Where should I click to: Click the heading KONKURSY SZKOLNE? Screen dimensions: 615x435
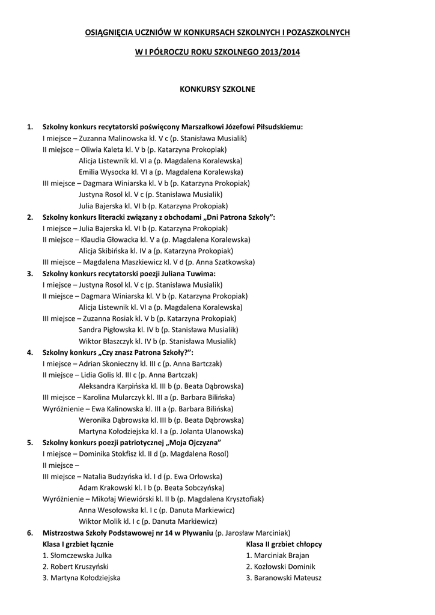click(218, 89)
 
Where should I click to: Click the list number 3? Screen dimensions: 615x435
click(30, 274)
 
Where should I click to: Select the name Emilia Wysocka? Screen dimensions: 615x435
click(100, 172)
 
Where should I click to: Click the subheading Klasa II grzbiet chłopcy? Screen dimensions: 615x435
click(284, 544)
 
